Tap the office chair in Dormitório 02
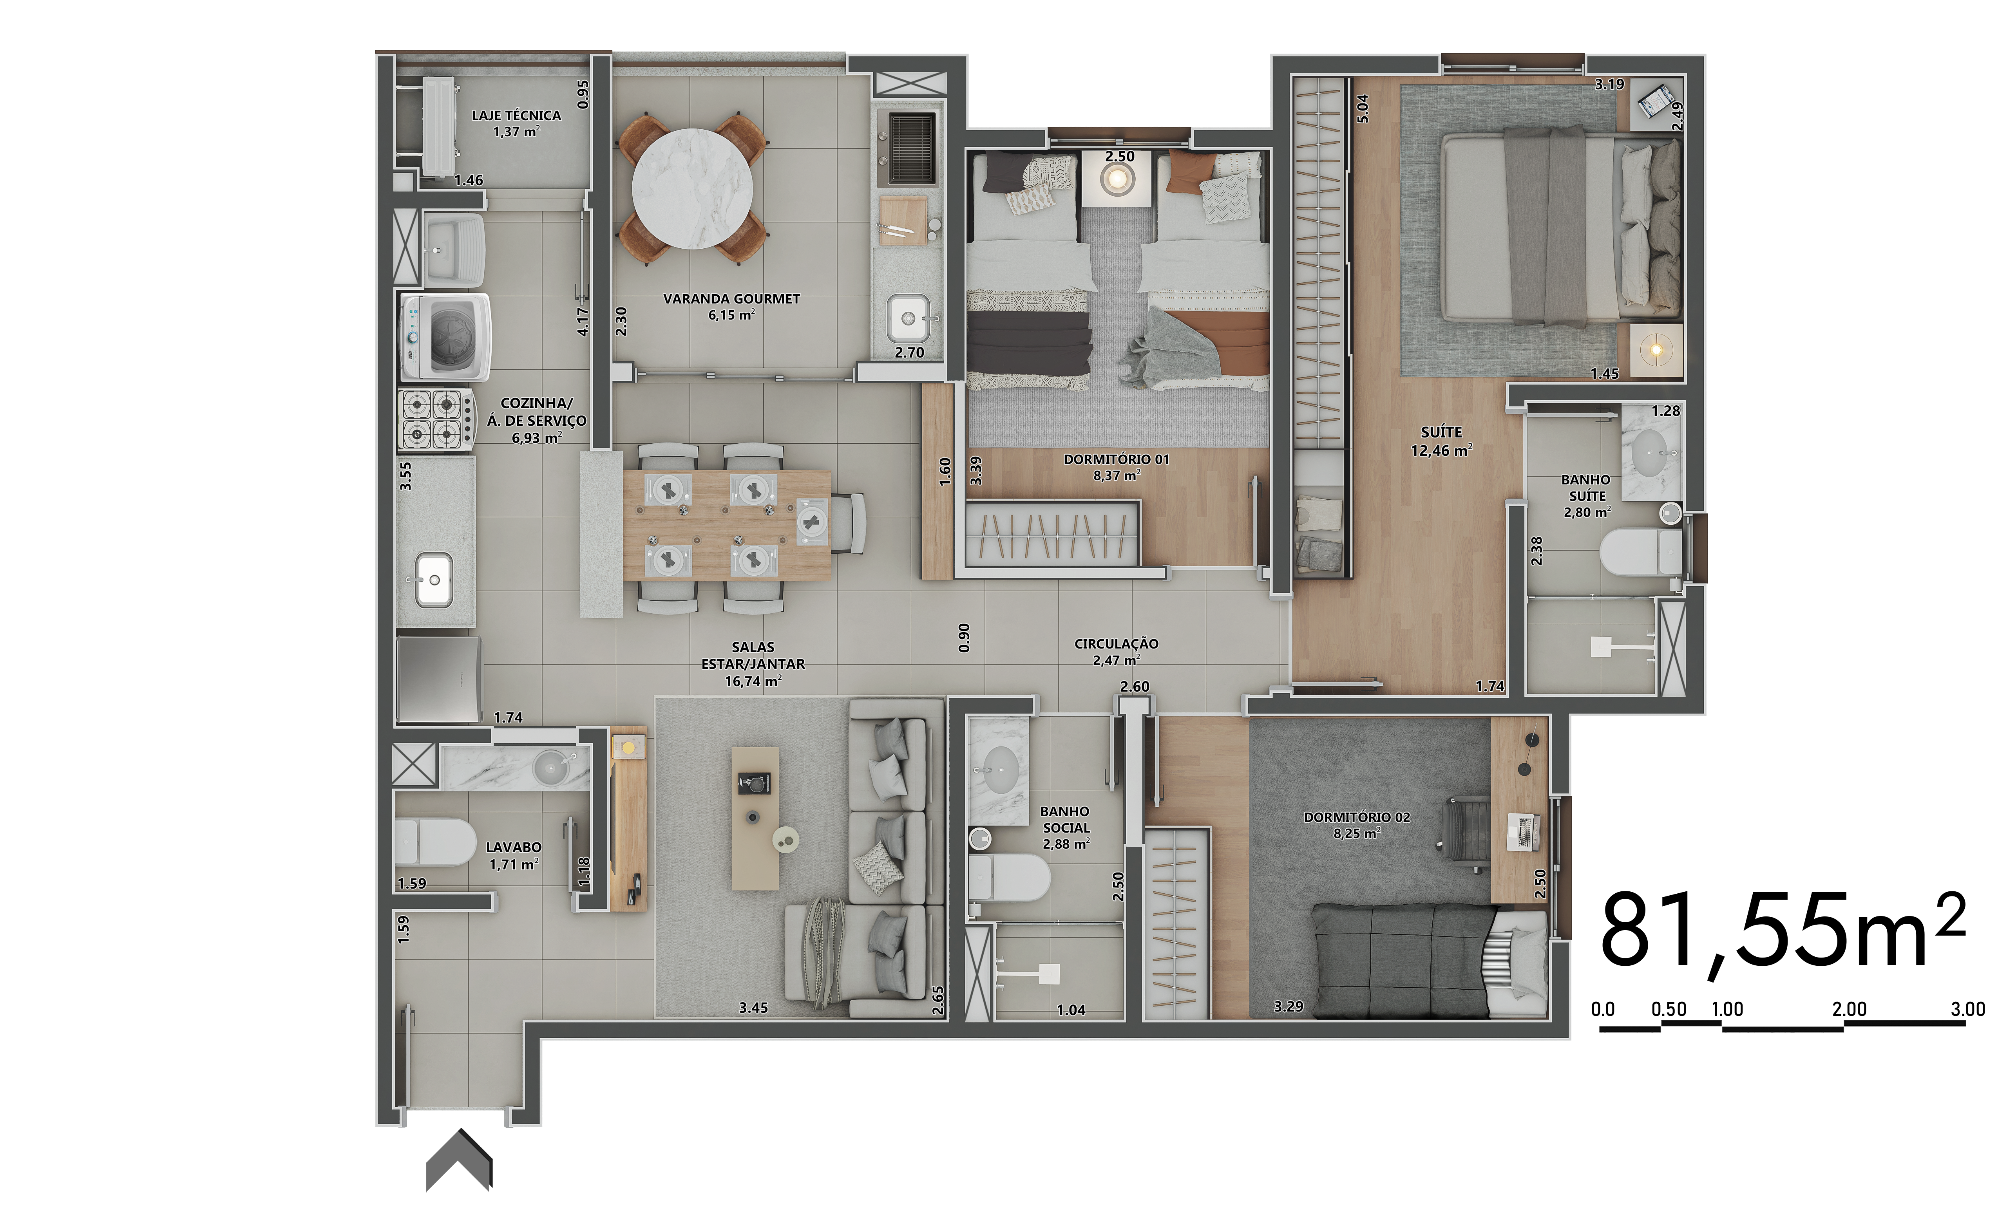pos(1466,835)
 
